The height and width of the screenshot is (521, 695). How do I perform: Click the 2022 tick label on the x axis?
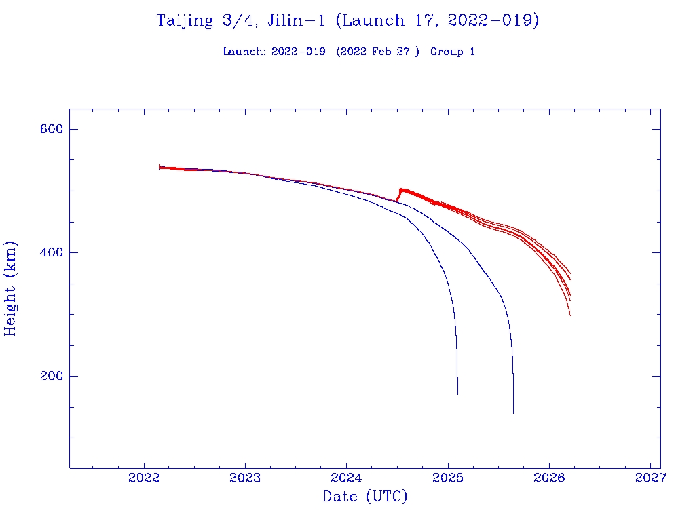coord(144,478)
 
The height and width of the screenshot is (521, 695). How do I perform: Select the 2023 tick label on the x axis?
coord(245,478)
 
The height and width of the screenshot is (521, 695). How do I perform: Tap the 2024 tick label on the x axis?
coord(346,478)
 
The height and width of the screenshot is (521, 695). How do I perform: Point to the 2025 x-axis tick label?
coord(448,478)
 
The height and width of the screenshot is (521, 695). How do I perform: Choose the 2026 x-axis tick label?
coord(549,478)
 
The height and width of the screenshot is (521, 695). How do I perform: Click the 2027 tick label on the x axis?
coord(650,478)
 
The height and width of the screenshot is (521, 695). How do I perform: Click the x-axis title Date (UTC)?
coord(364,497)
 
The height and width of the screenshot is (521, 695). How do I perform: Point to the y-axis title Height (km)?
coord(10,288)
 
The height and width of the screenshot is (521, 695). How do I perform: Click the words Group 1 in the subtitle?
coord(452,52)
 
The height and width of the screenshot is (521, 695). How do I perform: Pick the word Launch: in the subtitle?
coord(244,52)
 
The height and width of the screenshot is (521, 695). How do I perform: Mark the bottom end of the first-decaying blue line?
coord(457,393)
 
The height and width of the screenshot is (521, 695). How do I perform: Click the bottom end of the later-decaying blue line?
coord(513,412)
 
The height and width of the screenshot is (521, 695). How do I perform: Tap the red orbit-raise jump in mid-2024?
coord(399,195)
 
